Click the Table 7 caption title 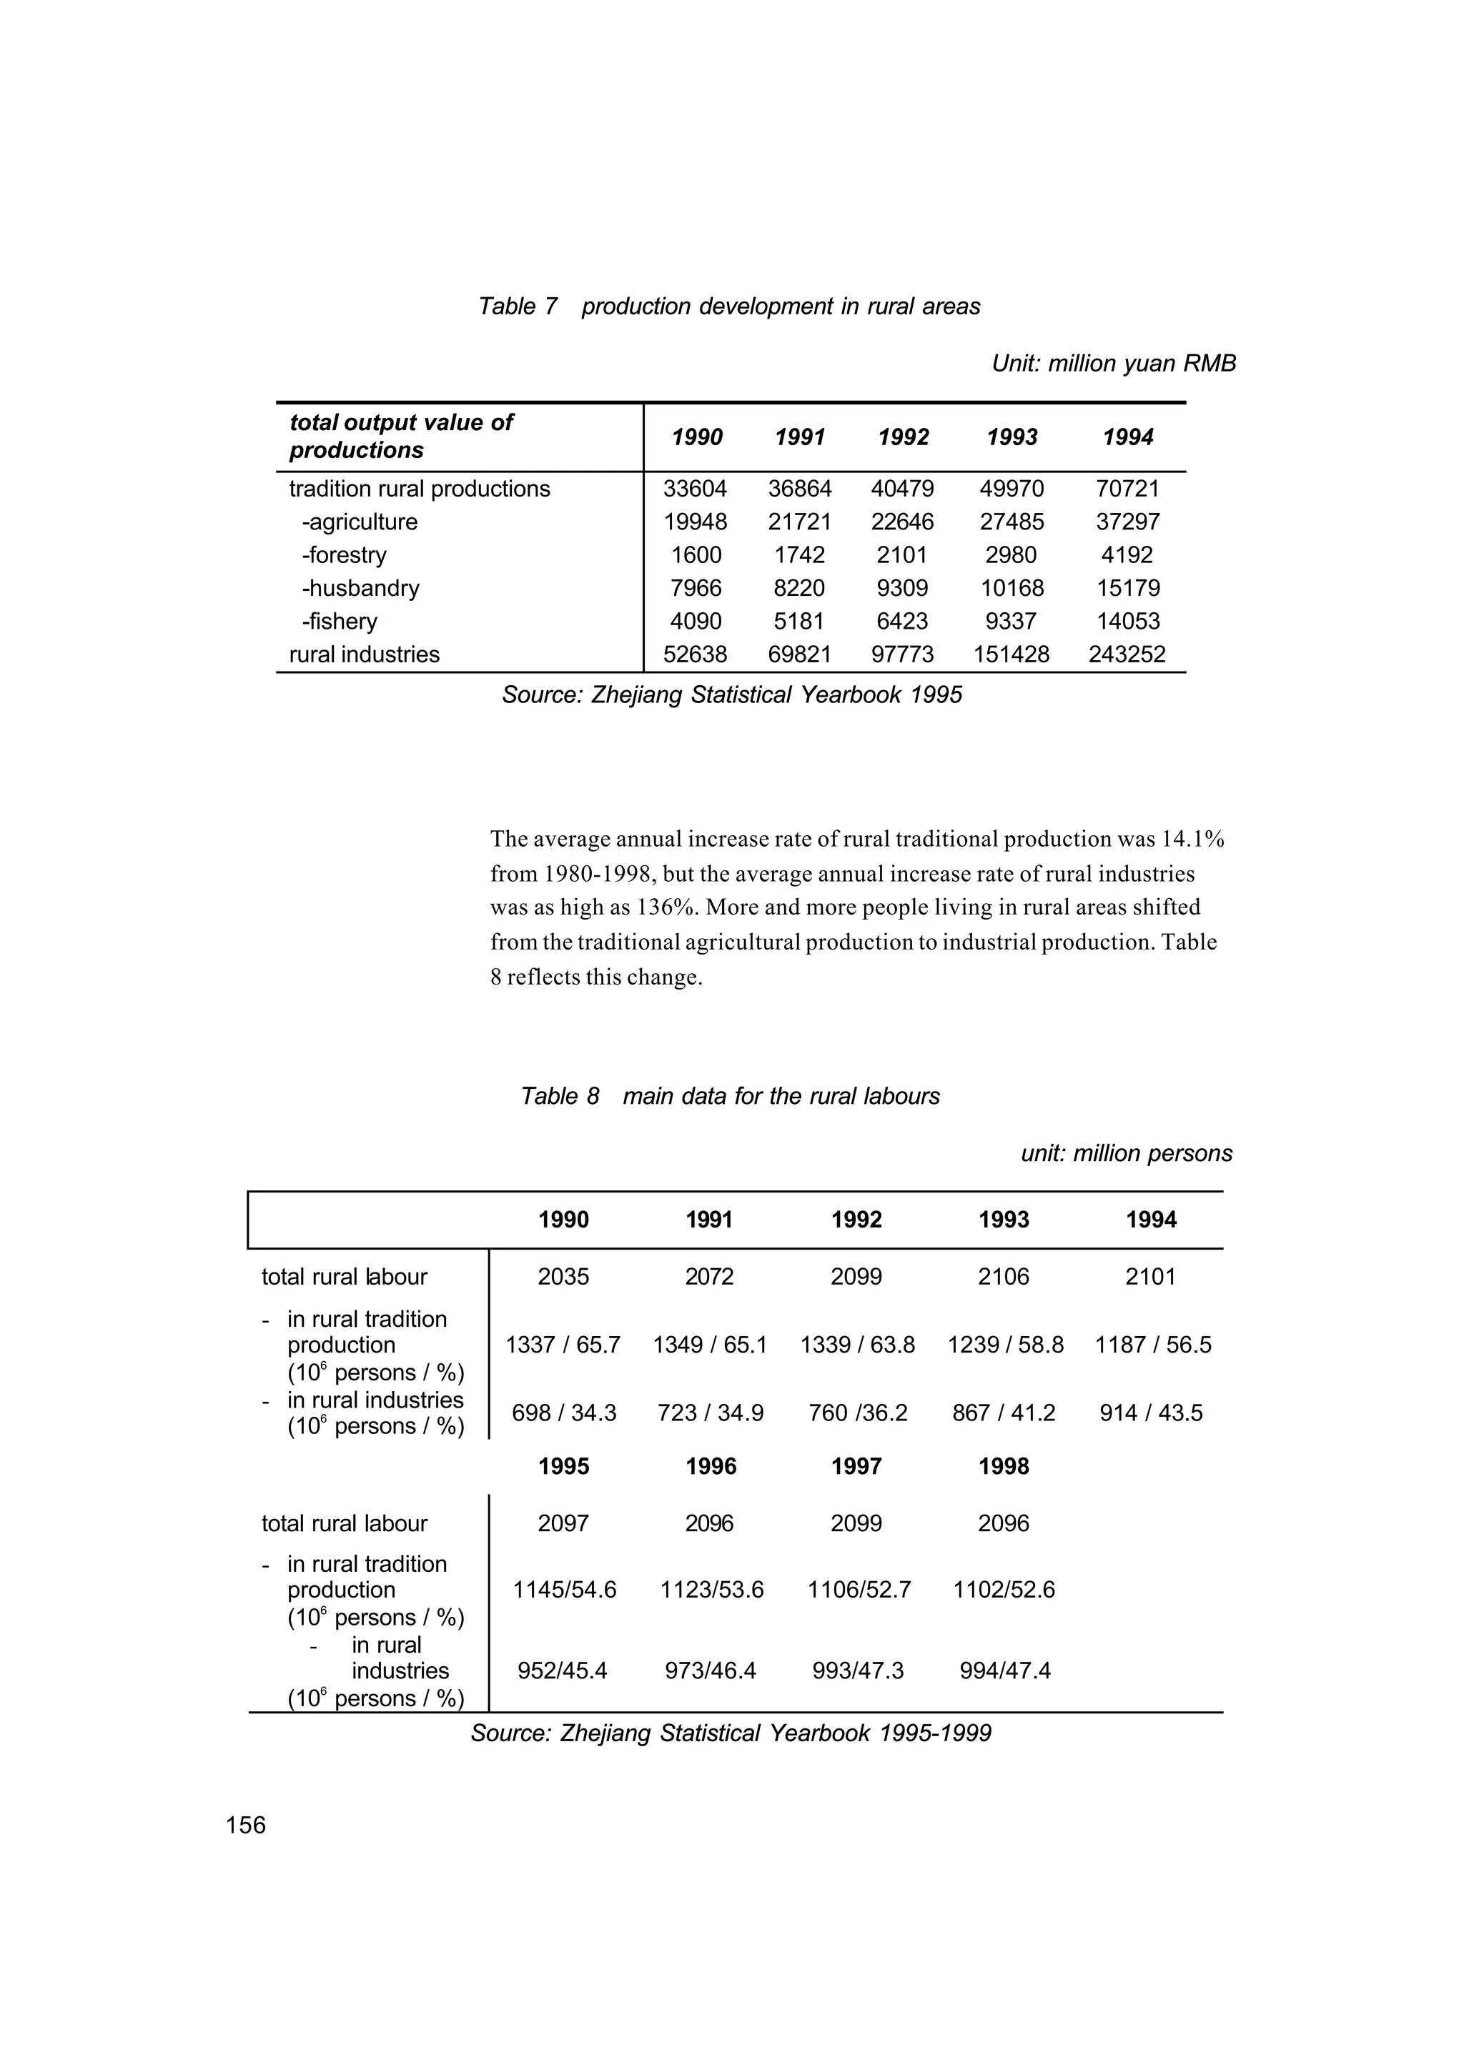728,307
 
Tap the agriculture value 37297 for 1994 1127,522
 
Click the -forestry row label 343,555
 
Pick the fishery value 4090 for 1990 696,621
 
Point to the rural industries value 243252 1127,654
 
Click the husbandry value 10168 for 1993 1012,589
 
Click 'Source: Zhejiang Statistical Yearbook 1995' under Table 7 731,694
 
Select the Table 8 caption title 729,1096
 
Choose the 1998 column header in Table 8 1004,1466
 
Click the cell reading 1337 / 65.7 563,1345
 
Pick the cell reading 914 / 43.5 1150,1413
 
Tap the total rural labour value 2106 1004,1277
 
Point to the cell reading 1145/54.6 564,1590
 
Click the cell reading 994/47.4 1004,1671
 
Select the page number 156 246,1825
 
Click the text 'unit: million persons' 1126,1153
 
